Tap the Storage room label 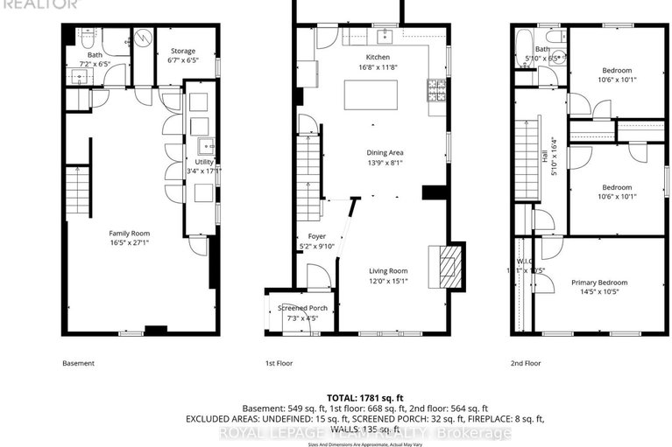tap(183, 52)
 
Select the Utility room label tap(204, 162)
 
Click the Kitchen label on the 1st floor tap(378, 57)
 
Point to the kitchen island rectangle tap(364, 94)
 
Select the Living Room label tap(387, 271)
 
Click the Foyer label tap(316, 237)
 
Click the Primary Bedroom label tap(600, 283)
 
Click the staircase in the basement tap(78, 189)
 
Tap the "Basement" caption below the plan tap(78, 363)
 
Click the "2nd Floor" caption tap(527, 363)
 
